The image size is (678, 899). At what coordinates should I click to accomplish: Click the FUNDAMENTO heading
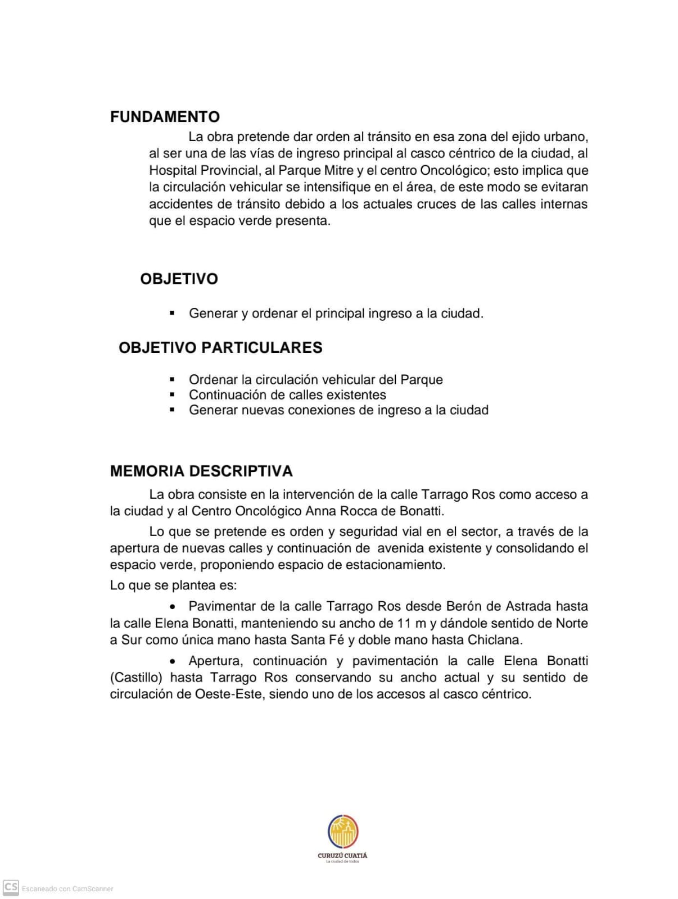(165, 117)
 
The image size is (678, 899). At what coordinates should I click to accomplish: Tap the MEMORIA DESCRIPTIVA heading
(201, 471)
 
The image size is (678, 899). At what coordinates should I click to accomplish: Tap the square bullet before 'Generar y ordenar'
(173, 313)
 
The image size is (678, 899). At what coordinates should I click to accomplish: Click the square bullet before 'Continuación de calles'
(173, 395)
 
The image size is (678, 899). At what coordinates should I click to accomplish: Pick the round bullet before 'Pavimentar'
(174, 607)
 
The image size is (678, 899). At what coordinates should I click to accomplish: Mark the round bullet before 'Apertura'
(174, 661)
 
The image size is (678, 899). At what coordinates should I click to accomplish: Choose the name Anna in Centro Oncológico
(319, 511)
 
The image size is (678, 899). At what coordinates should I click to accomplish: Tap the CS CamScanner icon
(11, 888)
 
